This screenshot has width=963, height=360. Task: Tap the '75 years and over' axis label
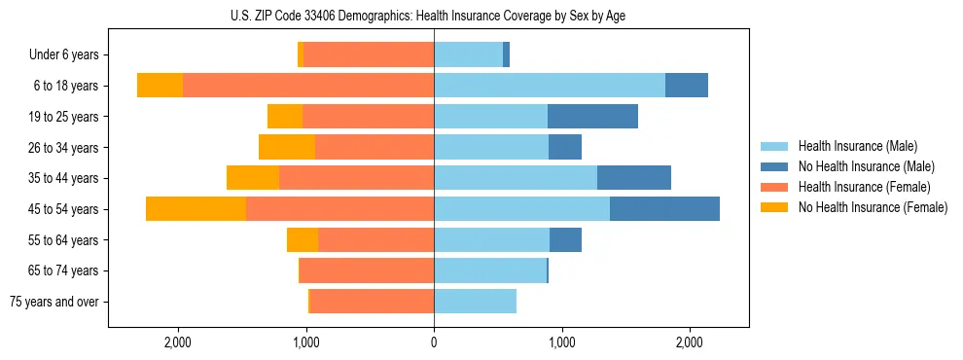coord(53,302)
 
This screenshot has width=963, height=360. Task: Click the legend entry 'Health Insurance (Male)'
coord(857,146)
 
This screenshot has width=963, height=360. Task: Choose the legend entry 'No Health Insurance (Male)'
coord(866,166)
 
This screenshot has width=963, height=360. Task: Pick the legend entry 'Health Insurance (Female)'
coord(864,187)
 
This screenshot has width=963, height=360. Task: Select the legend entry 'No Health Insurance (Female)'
coord(873,207)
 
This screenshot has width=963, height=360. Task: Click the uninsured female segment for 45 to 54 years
coord(196,209)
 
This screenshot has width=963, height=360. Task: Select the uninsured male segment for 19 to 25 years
coord(592,117)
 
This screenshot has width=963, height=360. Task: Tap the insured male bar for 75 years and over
coord(475,302)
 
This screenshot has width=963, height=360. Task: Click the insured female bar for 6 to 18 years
coord(308,86)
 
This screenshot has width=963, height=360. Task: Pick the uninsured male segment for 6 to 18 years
coord(687,86)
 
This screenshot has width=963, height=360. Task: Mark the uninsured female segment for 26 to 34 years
coord(287,147)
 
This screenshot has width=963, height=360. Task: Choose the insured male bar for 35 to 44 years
coord(516,178)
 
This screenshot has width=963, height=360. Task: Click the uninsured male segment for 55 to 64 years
coord(565,239)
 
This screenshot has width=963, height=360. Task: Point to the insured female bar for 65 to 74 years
coord(367,270)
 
